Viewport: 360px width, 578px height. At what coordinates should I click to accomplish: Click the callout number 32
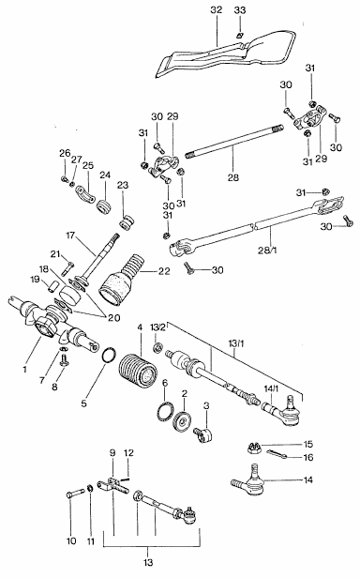pyautogui.click(x=217, y=10)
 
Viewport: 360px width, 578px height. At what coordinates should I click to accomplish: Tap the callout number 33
pyautogui.click(x=240, y=10)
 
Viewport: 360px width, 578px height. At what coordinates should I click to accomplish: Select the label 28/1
pyautogui.click(x=269, y=250)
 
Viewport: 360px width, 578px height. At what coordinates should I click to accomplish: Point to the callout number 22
pyautogui.click(x=164, y=271)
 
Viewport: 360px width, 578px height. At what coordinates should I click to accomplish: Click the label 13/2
pyautogui.click(x=157, y=327)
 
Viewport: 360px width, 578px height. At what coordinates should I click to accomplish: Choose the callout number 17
pyautogui.click(x=70, y=235)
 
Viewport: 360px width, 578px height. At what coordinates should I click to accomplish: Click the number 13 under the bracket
pyautogui.click(x=148, y=563)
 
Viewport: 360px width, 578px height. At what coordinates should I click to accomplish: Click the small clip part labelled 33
pyautogui.click(x=239, y=36)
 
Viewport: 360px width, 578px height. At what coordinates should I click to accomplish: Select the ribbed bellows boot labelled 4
pyautogui.click(x=138, y=371)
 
